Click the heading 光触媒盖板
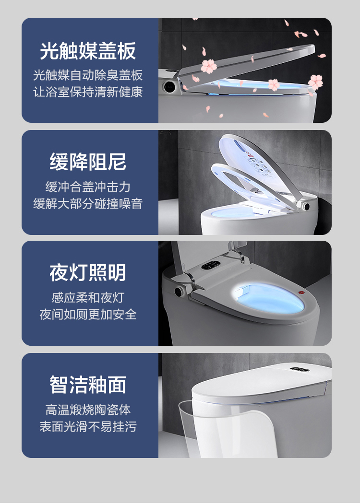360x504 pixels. pos(88,51)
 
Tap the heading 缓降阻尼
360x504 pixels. pos(88,161)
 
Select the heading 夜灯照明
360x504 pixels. pos(88,272)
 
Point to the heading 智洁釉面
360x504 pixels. pos(88,385)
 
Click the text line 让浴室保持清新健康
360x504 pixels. pos(88,92)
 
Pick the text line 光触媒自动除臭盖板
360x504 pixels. pos(88,75)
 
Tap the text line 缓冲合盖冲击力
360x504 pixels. pos(88,187)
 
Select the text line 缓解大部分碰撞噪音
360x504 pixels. pos(88,203)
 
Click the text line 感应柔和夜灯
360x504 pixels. pos(88,298)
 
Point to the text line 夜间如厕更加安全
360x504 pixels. pos(88,315)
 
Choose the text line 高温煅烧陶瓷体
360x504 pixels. pos(88,410)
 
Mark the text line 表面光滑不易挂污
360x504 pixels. pos(88,426)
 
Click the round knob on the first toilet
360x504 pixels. pos(169,86)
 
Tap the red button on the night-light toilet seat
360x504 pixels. pos(302,293)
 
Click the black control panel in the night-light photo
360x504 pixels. pos(211,265)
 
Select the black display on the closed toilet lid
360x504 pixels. pos(300,369)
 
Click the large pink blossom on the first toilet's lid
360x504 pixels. pos(209,66)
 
